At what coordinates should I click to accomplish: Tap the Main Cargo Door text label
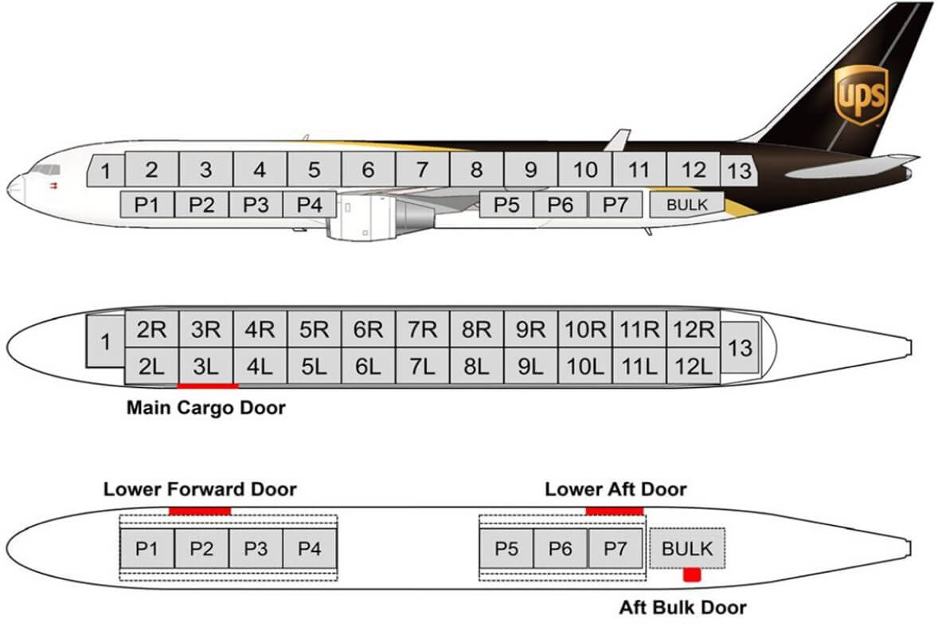tap(205, 409)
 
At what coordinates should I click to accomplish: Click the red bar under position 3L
tap(208, 386)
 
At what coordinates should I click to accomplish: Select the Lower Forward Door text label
tap(200, 489)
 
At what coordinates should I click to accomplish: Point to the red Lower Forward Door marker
tap(200, 511)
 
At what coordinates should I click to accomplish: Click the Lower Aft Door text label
tap(616, 489)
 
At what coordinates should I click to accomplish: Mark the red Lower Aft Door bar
tap(614, 511)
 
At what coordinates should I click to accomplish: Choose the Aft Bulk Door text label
tap(683, 608)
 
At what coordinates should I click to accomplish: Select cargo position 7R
tap(422, 330)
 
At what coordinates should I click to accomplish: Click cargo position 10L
tap(584, 367)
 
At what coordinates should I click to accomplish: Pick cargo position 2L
tap(151, 367)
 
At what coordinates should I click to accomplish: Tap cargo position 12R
tap(693, 330)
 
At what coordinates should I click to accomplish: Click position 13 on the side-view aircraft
tap(739, 170)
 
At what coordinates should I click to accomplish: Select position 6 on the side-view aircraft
tap(368, 170)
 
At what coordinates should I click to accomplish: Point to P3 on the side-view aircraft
tap(256, 205)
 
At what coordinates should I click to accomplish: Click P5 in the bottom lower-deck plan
tap(506, 549)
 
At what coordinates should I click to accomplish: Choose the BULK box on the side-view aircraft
tap(687, 205)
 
